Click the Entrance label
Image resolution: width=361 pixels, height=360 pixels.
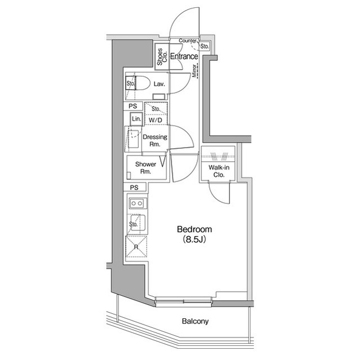(184, 56)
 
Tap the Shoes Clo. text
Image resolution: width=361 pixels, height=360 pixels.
(162, 56)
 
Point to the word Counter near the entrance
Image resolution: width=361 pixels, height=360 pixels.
(188, 41)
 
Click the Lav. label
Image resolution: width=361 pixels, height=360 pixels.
(159, 84)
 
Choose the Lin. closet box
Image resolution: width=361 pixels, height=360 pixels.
(136, 119)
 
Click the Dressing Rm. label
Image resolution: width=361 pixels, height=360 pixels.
(155, 140)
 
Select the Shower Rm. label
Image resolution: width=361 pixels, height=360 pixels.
(145, 168)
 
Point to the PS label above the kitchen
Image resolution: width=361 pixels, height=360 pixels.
(134, 188)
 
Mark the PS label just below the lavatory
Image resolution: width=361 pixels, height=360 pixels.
(133, 106)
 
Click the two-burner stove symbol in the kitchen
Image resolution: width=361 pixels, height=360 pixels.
(136, 203)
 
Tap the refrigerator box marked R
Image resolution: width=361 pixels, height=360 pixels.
(135, 247)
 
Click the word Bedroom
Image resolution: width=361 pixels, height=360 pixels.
(194, 229)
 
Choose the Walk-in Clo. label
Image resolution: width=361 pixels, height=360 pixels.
(217, 171)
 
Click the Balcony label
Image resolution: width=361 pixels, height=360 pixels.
(195, 322)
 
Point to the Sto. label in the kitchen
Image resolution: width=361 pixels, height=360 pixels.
(134, 224)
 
